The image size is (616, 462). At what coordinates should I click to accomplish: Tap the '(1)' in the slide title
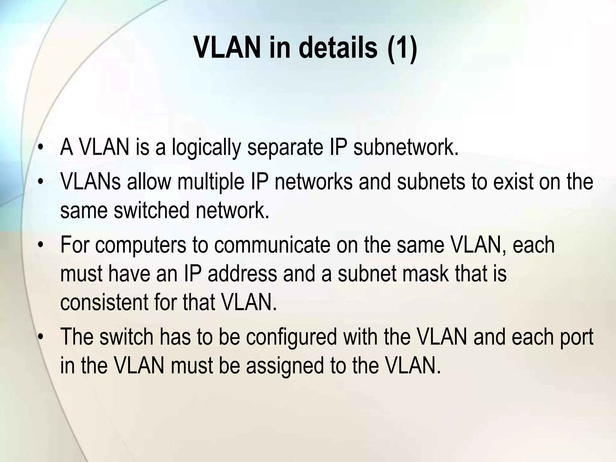tap(402, 48)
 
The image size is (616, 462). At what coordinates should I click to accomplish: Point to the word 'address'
tap(242, 273)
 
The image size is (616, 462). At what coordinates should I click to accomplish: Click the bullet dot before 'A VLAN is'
tap(41, 148)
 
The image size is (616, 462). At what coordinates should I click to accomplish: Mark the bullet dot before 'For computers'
tap(41, 245)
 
